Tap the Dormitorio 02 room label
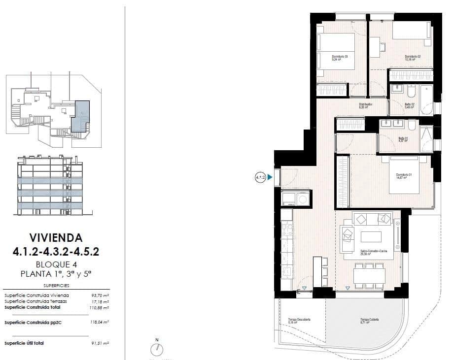click(412, 57)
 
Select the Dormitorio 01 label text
click(404, 175)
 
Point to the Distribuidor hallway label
click(365, 104)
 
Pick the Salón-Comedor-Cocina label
click(372, 252)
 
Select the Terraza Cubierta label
click(369, 320)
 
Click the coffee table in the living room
click(371, 237)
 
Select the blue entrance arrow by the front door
click(270, 177)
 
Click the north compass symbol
click(157, 349)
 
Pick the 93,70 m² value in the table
click(99, 295)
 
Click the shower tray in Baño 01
click(426, 139)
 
